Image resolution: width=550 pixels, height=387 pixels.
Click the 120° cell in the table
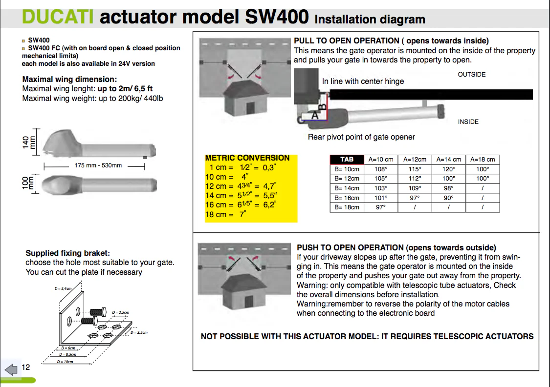coord(449,169)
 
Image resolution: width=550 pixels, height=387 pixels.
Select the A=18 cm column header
coord(482,160)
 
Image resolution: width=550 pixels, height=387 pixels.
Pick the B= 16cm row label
coord(347,198)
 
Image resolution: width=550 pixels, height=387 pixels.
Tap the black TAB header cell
coord(347,160)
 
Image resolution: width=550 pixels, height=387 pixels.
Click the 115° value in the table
coord(415,169)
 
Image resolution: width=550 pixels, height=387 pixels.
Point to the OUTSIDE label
coord(471,75)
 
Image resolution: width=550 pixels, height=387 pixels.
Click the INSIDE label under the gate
coord(468,122)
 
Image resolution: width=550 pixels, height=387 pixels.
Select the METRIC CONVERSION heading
coord(247,158)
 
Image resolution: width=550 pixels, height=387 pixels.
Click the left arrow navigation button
coord(10,368)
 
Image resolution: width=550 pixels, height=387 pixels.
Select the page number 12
coord(26,367)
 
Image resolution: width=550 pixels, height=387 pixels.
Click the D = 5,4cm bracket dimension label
coord(63,289)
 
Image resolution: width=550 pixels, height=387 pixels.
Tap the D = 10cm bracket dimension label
coord(66,362)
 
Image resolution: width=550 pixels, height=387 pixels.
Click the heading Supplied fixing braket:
coord(68,253)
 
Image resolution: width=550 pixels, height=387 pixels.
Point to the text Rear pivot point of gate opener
coord(361,137)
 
